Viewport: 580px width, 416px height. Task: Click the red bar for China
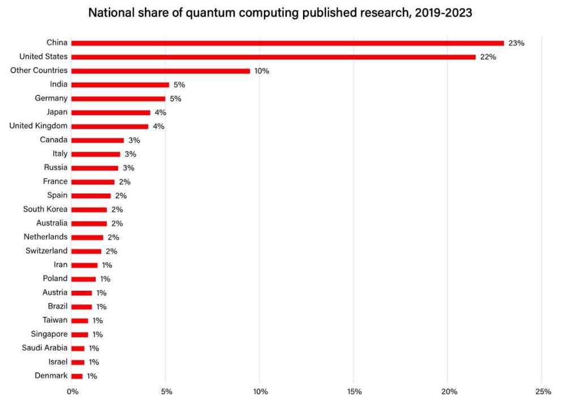288,43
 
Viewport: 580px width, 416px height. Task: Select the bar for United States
274,57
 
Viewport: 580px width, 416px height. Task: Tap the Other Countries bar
161,71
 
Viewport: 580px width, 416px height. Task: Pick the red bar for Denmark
77,376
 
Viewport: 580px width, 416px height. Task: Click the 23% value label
517,43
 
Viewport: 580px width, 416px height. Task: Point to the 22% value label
488,57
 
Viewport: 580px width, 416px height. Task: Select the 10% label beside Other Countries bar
262,71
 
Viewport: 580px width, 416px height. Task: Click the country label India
59,84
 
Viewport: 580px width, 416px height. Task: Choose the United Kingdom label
39,126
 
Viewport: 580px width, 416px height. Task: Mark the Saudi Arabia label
45,348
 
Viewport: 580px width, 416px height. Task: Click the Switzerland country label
46,251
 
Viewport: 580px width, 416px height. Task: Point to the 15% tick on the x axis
354,392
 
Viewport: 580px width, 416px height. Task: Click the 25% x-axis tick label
543,392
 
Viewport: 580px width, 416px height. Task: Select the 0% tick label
72,392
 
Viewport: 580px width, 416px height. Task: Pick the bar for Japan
111,112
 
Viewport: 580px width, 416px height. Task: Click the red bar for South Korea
89,209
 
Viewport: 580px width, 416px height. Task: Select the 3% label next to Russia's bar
129,168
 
